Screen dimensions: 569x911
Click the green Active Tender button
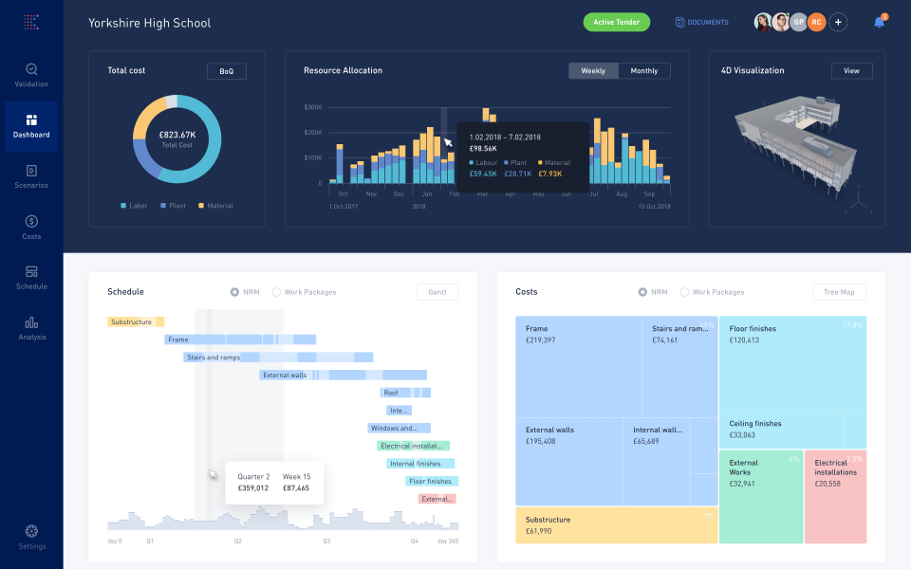(x=616, y=22)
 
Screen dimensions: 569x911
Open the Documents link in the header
(x=701, y=22)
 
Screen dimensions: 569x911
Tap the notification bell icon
(x=879, y=22)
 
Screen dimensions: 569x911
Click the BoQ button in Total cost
(x=226, y=71)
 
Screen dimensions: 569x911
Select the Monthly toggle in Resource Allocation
(x=644, y=71)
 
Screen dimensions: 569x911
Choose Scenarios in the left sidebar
(x=31, y=176)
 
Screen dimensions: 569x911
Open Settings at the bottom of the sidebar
(x=31, y=537)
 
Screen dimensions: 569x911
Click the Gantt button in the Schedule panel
(x=437, y=292)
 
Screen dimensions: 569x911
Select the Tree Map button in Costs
(x=839, y=292)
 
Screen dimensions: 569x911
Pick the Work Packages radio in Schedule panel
(x=277, y=292)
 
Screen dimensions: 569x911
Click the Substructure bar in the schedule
(x=136, y=322)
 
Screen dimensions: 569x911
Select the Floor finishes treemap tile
(x=791, y=360)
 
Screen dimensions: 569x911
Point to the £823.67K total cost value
(x=177, y=135)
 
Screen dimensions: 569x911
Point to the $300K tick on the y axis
(x=313, y=107)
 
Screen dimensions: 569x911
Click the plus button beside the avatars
(x=838, y=22)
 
